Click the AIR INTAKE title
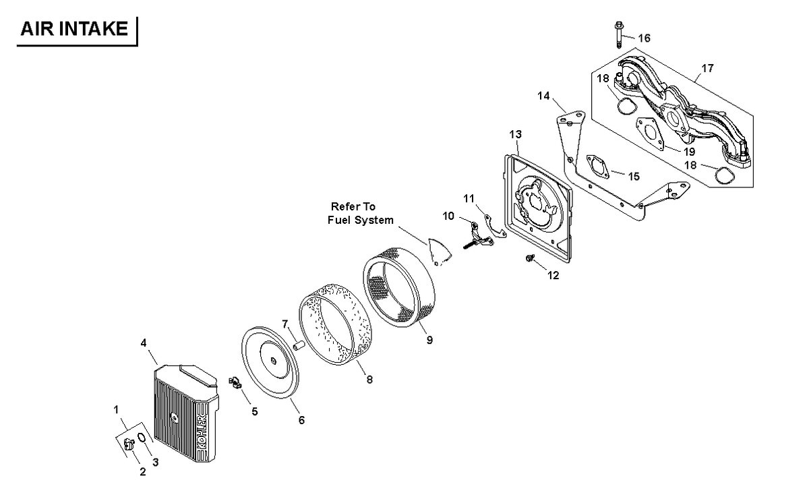coord(74,29)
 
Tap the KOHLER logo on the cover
coord(202,432)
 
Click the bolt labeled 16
coord(619,34)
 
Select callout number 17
coord(707,68)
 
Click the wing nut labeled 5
coord(235,382)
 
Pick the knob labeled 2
coord(129,443)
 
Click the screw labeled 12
coord(530,258)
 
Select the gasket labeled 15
coord(598,167)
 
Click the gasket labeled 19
coord(650,133)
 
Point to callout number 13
coord(515,134)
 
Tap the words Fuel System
coord(361,220)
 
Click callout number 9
coord(429,340)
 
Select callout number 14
coord(543,96)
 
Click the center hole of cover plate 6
coord(273,361)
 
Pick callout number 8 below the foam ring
coord(369,380)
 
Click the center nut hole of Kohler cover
coord(174,418)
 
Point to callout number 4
coord(144,343)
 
